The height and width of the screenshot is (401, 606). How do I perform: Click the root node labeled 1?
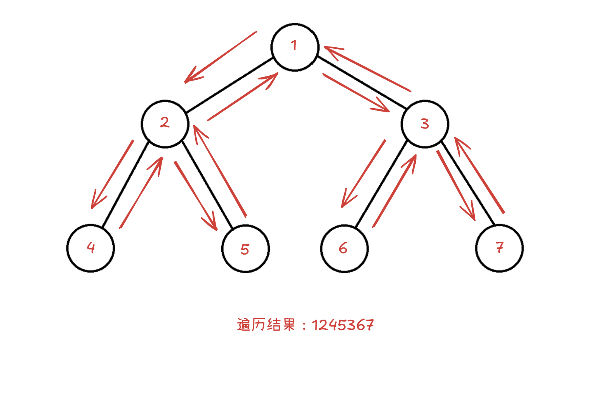point(295,47)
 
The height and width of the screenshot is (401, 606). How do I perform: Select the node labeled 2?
point(165,124)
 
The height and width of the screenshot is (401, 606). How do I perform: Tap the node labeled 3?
point(425,124)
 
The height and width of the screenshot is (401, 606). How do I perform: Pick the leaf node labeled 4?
point(90,248)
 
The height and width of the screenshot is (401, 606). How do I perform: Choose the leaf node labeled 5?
point(246,249)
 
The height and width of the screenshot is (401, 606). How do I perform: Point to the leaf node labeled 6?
point(344,249)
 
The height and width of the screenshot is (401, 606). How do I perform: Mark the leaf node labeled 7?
point(499,248)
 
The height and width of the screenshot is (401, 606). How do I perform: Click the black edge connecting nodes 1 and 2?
point(230,85)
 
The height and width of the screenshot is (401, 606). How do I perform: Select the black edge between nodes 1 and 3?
point(362,82)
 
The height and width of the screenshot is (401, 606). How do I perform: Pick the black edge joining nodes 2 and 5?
point(207,184)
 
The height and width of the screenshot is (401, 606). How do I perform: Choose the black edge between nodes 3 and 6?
point(381,184)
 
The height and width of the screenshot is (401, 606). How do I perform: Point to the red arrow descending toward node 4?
point(112,174)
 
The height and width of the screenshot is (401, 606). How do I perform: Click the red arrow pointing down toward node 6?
point(363,174)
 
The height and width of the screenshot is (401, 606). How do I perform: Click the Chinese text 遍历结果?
point(266,325)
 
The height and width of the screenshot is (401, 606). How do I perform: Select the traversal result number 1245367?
point(343,325)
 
